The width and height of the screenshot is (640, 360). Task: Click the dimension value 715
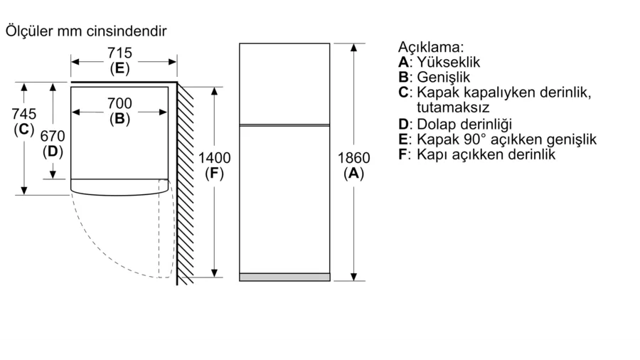[119, 53]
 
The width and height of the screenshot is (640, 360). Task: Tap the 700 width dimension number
[119, 104]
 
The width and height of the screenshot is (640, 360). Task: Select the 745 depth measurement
[24, 114]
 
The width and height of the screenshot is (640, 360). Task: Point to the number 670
[53, 136]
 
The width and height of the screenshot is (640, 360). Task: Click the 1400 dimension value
[214, 158]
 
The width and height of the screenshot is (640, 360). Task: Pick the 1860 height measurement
[353, 158]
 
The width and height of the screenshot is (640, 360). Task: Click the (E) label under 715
[119, 69]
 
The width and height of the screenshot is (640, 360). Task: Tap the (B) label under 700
[119, 120]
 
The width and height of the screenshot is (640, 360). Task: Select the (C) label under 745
[24, 129]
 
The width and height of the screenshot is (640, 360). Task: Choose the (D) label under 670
[53, 152]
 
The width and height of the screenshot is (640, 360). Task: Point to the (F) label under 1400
[214, 174]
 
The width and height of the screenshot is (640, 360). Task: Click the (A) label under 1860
[353, 174]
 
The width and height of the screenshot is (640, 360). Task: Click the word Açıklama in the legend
[431, 48]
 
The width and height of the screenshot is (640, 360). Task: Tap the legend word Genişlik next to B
[444, 78]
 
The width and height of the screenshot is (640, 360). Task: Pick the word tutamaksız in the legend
[454, 107]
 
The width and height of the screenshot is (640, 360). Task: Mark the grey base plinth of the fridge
[284, 277]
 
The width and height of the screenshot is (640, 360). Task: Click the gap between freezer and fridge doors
[284, 125]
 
